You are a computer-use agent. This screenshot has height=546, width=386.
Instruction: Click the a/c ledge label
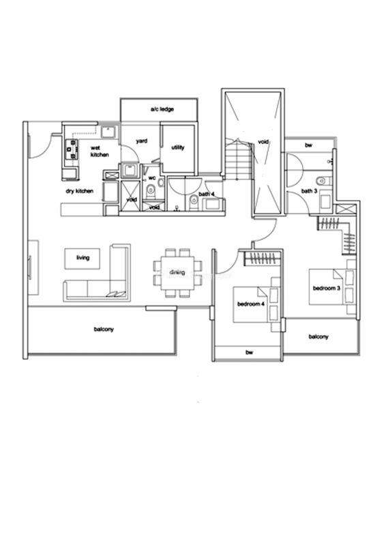(162, 109)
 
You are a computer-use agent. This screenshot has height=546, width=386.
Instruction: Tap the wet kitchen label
(100, 151)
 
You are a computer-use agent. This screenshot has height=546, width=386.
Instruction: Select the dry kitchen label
(79, 191)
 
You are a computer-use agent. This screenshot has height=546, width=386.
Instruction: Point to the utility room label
(178, 147)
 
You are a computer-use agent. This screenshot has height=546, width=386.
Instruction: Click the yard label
(141, 141)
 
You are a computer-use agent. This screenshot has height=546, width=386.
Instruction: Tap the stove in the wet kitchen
(71, 149)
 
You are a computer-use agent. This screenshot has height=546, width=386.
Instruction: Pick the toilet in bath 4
(194, 200)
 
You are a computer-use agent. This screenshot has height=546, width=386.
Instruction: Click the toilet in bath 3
(321, 181)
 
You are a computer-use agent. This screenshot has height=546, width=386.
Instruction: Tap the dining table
(178, 272)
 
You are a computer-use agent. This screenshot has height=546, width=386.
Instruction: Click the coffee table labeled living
(83, 259)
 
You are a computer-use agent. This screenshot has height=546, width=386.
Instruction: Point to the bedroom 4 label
(250, 304)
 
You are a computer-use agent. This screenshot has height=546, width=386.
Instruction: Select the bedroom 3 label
(326, 288)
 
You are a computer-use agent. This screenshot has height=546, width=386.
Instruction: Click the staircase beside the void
(239, 158)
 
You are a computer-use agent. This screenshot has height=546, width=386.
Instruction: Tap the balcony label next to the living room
(104, 329)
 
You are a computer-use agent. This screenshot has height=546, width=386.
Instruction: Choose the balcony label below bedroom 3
(318, 336)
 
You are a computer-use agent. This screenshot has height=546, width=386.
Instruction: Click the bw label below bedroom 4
(249, 352)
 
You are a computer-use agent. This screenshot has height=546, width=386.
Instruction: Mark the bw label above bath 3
(308, 145)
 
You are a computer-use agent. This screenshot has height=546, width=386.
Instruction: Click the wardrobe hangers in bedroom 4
(262, 258)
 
